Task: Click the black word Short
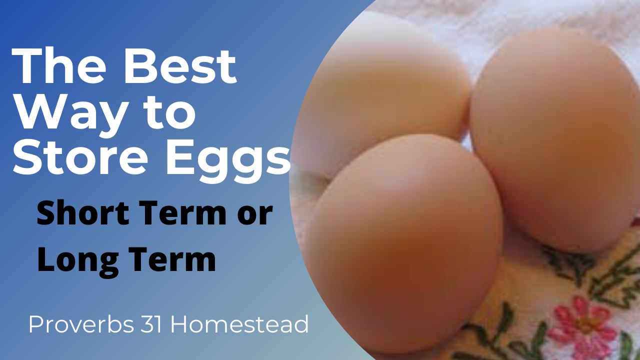(85, 213)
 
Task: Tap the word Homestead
(239, 325)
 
